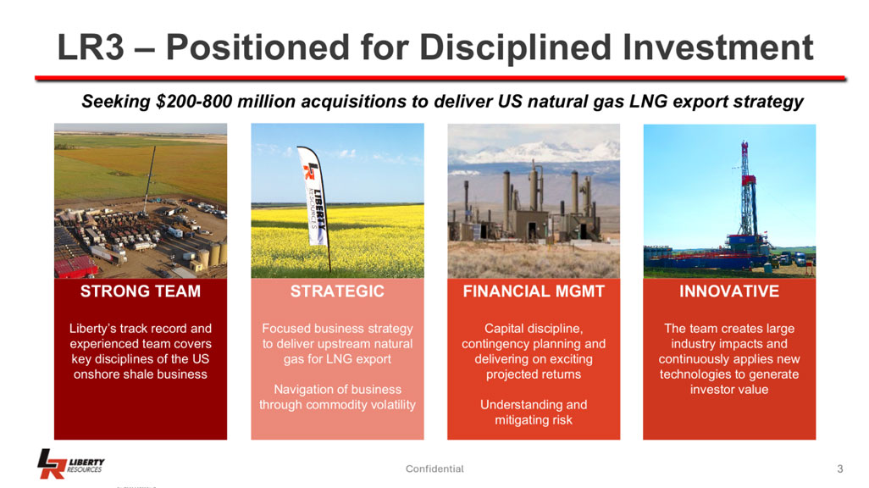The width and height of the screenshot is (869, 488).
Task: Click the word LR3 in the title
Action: pos(91,47)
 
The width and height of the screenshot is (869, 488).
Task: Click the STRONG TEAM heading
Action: pos(141,291)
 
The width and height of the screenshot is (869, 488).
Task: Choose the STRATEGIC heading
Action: pos(337,291)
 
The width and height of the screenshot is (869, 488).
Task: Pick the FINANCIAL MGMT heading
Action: pos(534,291)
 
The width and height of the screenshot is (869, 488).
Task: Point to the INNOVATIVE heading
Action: pos(729,291)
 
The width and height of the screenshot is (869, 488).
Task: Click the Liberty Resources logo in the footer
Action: pos(70,463)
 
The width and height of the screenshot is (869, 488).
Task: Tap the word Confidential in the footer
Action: pos(434,469)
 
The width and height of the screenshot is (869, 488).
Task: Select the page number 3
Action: pos(839,469)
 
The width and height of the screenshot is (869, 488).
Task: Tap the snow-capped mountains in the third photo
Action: pos(534,152)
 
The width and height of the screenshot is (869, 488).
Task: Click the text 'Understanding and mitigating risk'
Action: pos(534,413)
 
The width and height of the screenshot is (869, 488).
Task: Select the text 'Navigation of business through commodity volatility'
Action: pos(337,397)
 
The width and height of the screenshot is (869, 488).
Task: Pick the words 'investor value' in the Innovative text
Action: pos(729,390)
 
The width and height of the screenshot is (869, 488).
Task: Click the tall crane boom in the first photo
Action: pos(150,177)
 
